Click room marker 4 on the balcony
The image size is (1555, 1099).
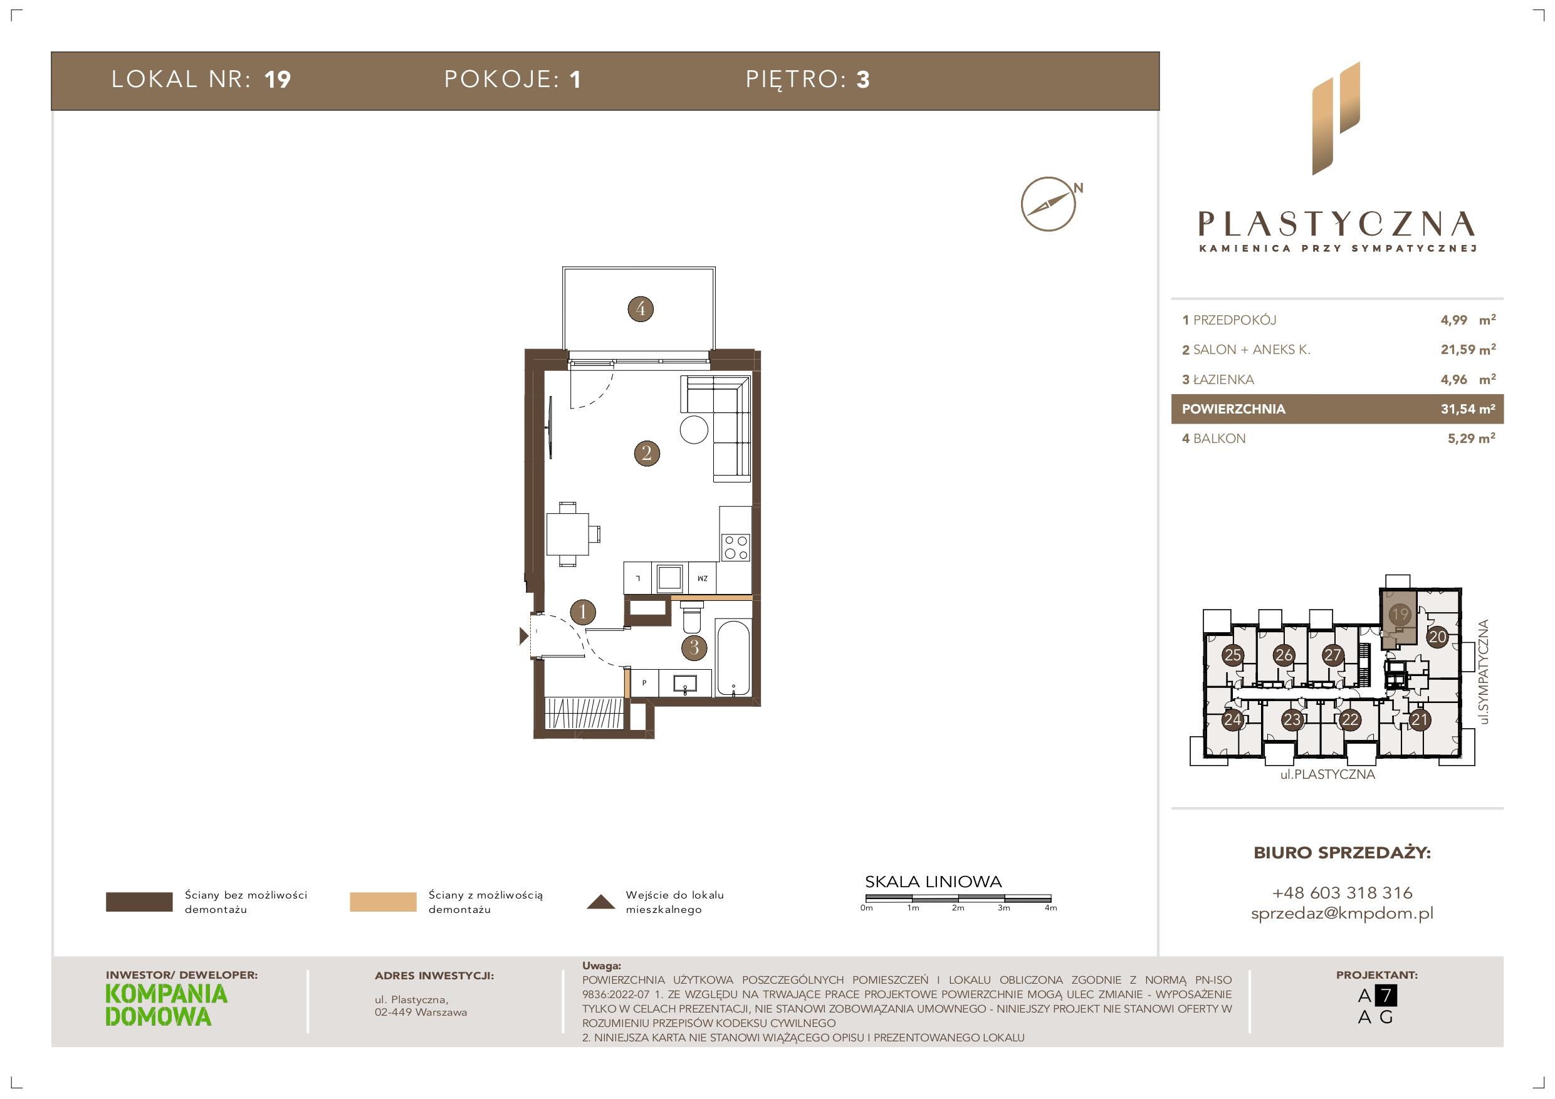click(x=641, y=310)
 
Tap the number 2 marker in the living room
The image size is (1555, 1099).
click(x=647, y=452)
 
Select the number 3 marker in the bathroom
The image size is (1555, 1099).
click(x=694, y=647)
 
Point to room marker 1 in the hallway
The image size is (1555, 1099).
click(x=583, y=612)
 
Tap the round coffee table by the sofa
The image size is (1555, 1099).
click(x=694, y=429)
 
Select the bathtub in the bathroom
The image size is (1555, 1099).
click(x=732, y=657)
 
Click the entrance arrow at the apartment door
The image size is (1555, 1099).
click(x=523, y=636)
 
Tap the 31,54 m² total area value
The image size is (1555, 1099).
click(x=1468, y=409)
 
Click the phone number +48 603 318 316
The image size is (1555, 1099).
click(x=1342, y=892)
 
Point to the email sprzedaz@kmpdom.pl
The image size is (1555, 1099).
click(x=1342, y=914)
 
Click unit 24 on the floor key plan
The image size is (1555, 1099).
click(x=1232, y=720)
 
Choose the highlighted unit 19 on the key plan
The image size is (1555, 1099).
click(x=1399, y=614)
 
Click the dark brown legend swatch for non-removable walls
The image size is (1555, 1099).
click(x=139, y=902)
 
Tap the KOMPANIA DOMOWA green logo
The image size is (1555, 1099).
click(x=167, y=1005)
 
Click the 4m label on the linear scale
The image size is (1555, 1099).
click(x=1050, y=908)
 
